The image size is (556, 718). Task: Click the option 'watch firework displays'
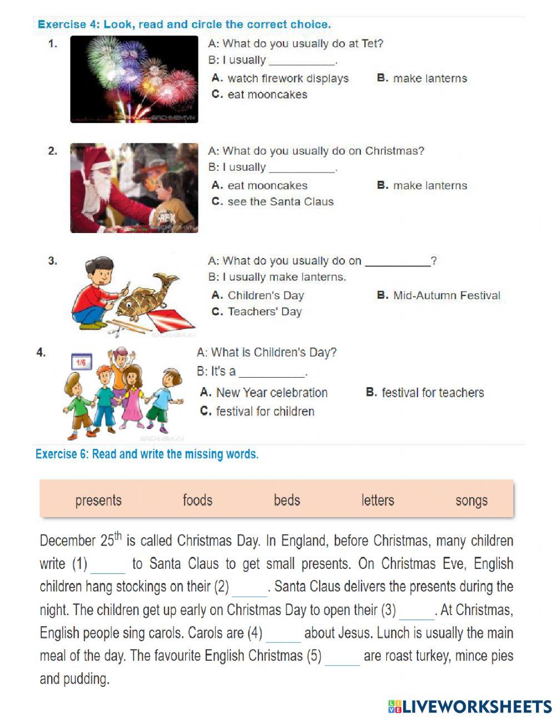(287, 78)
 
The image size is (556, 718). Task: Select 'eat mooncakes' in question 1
(267, 95)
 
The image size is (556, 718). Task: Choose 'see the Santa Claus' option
(280, 202)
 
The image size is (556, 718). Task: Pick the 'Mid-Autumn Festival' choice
(446, 295)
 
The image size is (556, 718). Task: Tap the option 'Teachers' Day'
(264, 311)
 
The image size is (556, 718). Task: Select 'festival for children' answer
(265, 412)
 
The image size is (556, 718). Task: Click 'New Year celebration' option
(271, 393)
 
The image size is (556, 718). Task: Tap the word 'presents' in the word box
(98, 501)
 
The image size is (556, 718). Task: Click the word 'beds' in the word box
(287, 500)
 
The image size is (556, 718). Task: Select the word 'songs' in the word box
(471, 501)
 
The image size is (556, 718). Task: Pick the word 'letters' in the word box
(378, 500)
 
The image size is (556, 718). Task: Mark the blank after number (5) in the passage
(342, 658)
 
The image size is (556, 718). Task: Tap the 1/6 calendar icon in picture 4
(81, 363)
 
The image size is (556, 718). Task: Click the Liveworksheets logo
(470, 706)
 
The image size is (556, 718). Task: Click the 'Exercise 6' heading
(147, 454)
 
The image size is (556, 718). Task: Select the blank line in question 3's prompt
(397, 262)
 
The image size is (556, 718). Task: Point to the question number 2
(52, 151)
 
